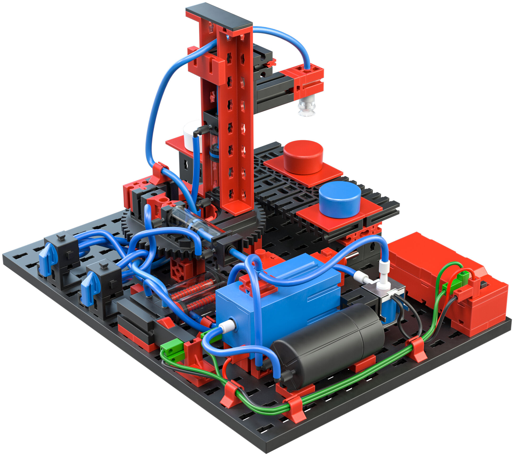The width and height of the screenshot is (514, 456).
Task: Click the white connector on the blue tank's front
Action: point(227,327)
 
